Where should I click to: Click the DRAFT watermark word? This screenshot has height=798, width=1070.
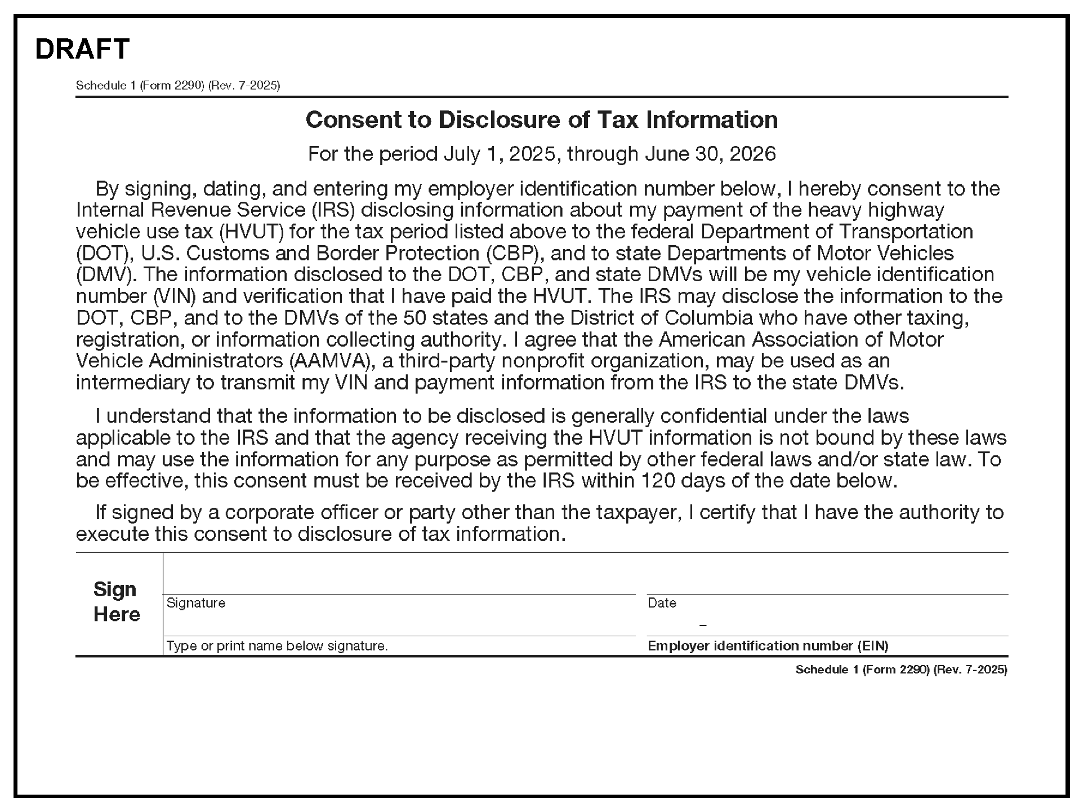point(82,49)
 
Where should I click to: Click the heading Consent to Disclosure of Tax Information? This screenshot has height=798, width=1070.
point(541,119)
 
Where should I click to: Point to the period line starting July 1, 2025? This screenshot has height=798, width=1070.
point(541,154)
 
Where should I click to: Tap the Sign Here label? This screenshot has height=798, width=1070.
point(116,601)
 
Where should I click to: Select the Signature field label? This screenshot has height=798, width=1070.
point(196,603)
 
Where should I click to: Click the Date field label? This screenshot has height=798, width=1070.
point(662,603)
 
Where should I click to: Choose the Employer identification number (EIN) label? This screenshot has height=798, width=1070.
point(768,646)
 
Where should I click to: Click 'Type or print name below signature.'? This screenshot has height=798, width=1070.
point(277,646)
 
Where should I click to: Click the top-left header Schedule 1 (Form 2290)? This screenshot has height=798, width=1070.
point(177,86)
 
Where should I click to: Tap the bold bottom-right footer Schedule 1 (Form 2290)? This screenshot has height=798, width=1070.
point(900,670)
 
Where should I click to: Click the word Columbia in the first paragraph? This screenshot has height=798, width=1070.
point(708,318)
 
